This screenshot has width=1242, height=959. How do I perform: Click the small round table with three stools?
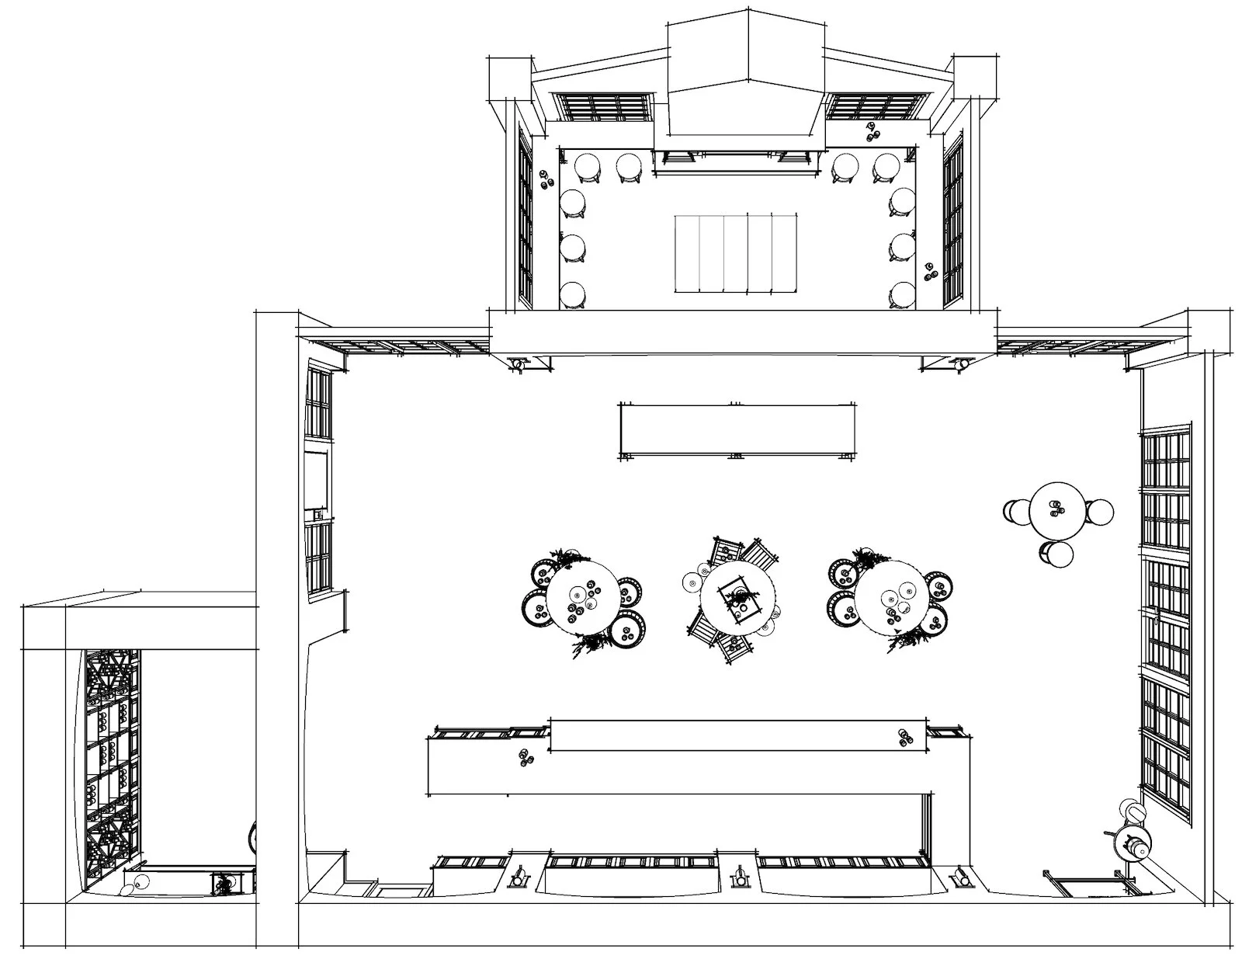coord(1056,510)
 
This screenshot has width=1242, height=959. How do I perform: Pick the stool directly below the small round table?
coord(1056,554)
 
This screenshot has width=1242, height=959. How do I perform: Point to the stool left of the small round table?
coord(1016,511)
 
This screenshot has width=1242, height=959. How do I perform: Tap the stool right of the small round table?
coord(1099,511)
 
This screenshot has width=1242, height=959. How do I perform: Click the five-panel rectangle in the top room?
coord(736,254)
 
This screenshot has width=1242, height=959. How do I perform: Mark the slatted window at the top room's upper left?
coord(603,106)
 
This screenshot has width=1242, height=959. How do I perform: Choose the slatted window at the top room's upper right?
coord(877,106)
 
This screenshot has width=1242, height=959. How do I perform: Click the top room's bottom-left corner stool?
coord(573,295)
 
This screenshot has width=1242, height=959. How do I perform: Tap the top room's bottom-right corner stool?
coord(903,295)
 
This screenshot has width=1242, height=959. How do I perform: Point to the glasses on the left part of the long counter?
coord(526,757)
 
